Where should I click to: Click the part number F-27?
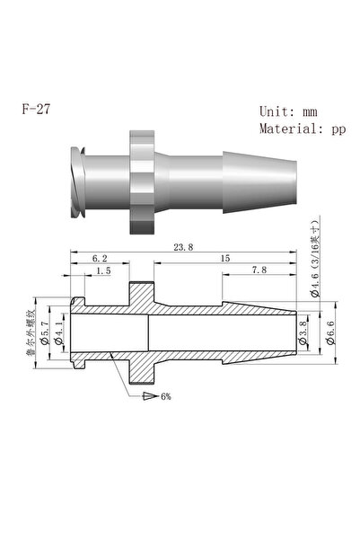pos(36,109)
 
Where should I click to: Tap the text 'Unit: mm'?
pos(288,111)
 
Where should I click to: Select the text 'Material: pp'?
pos(303,129)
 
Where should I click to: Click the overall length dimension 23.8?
pos(183,247)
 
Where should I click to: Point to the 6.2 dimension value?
pos(100,258)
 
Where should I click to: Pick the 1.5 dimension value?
pos(103,270)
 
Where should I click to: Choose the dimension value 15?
pos(225,258)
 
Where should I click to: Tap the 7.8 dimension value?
pos(259,270)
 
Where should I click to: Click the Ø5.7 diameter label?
pos(45,332)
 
